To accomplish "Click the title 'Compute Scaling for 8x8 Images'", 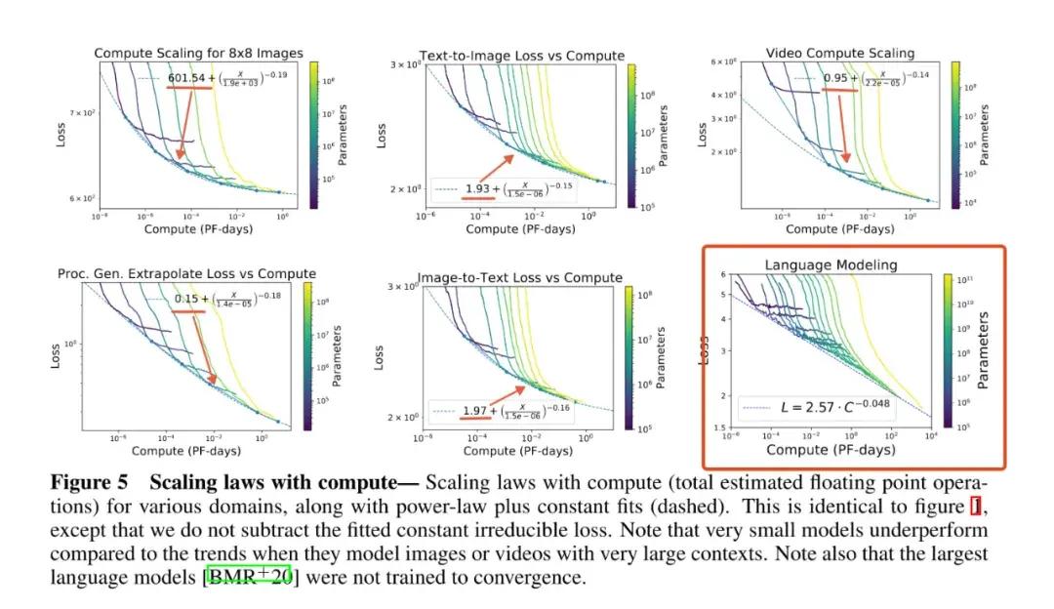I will click(x=198, y=53).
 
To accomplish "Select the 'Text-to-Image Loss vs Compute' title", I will click(x=521, y=56).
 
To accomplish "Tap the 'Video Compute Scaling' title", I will click(x=840, y=53).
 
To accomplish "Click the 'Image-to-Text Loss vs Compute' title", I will click(x=519, y=278).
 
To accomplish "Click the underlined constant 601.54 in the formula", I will click(x=189, y=77).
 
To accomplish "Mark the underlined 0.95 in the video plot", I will click(x=835, y=77).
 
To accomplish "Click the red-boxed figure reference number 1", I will click(x=975, y=507).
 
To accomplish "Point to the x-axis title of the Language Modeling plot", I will click(x=830, y=450).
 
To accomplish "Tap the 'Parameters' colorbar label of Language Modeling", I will click(x=983, y=349).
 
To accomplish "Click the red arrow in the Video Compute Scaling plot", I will click(x=835, y=127).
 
